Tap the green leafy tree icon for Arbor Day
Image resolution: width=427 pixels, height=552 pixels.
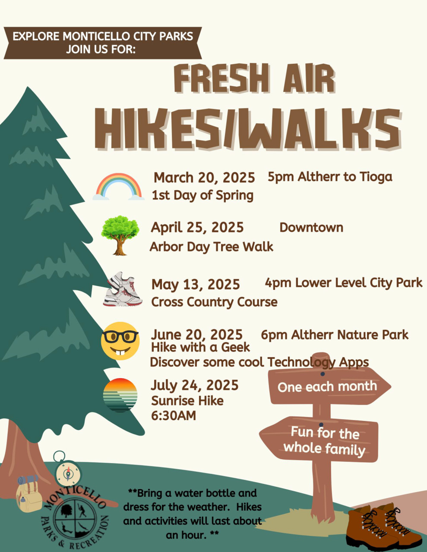tap(120, 235)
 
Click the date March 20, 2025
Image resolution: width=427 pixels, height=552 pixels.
tap(204, 178)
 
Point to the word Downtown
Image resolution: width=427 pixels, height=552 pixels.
tap(311, 227)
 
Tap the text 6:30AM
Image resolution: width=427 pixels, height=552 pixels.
tap(174, 416)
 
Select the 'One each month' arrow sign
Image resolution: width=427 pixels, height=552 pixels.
tap(329, 387)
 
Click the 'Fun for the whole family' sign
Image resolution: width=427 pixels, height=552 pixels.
tap(319, 440)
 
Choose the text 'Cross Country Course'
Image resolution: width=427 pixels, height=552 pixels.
tap(215, 302)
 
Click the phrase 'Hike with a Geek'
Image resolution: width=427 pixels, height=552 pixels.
tap(200, 347)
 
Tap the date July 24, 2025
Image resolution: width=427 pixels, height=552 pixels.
tap(195, 385)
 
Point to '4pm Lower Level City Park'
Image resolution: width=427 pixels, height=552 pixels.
tap(344, 283)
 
